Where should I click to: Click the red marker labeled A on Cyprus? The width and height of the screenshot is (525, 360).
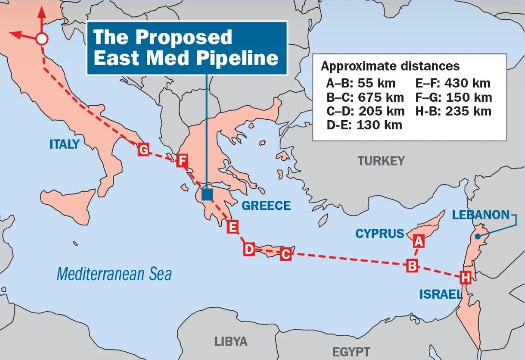[418, 240]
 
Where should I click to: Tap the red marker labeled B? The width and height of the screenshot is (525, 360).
[412, 265]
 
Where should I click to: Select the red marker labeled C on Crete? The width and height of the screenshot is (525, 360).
[285, 254]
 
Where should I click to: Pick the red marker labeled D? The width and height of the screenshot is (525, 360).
[249, 249]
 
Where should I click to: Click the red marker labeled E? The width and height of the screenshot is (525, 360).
[233, 227]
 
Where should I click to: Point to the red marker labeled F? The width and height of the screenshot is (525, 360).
[181, 161]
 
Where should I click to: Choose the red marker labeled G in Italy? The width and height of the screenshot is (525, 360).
[143, 150]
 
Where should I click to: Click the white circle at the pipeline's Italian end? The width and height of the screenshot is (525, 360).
[42, 39]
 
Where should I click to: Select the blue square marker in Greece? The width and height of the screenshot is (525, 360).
[207, 194]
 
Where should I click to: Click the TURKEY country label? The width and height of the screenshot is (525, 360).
[381, 161]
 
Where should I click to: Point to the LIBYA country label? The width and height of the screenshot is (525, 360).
[231, 342]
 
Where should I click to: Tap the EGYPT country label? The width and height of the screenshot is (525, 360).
[351, 351]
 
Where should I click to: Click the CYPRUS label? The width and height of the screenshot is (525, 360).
[380, 234]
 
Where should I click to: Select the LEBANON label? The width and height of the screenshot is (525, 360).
[481, 215]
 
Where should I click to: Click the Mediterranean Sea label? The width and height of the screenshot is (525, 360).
[114, 274]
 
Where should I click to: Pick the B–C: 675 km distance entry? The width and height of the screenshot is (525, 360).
[365, 97]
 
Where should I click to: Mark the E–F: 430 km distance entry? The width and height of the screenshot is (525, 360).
[453, 83]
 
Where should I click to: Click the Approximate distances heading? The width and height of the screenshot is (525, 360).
[390, 66]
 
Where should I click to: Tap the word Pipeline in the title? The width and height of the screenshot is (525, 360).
[238, 57]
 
